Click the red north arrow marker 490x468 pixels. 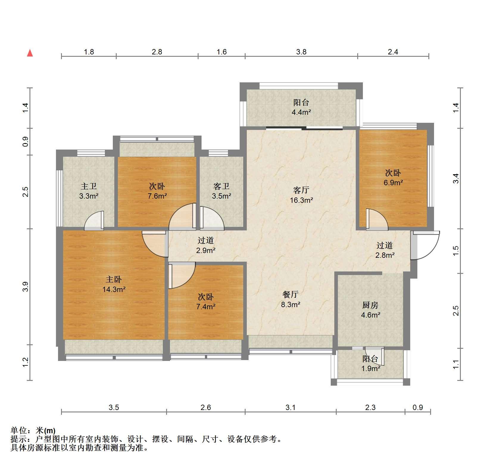30,53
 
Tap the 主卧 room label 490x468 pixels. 114,279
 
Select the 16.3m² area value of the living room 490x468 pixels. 301,200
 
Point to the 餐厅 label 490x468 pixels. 290,294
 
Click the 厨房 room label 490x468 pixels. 370,305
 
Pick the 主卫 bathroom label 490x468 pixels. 89,186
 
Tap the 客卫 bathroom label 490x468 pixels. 221,186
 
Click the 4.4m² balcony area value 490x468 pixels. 301,112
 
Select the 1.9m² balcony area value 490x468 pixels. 371,369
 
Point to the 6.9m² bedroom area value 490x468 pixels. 393,183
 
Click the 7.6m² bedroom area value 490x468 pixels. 157,196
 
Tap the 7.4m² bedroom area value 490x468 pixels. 206,307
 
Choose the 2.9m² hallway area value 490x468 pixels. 206,250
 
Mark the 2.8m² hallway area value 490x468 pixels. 385,255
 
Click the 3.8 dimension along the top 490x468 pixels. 301,52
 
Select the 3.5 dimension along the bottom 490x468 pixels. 114,407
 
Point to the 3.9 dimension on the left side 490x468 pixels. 25,286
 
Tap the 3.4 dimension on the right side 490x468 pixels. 456,178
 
